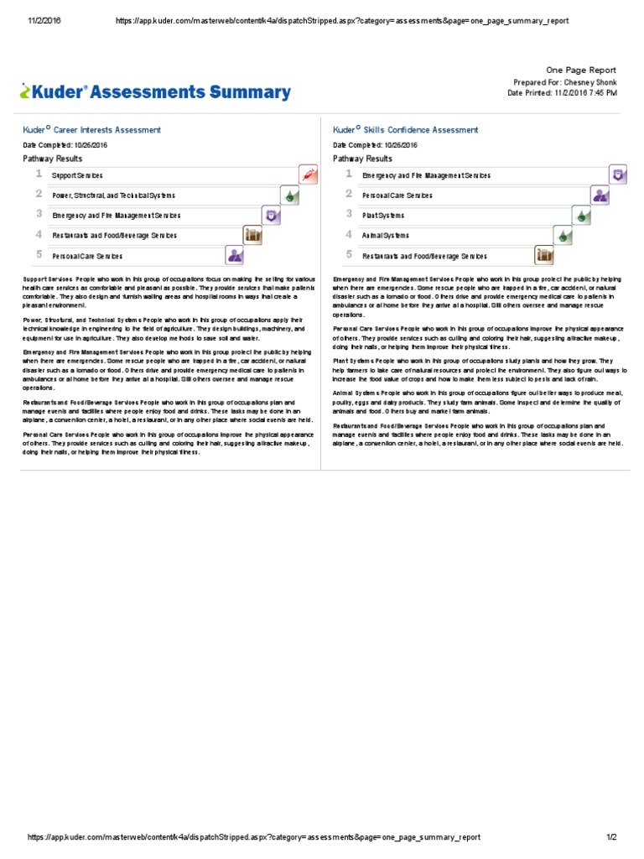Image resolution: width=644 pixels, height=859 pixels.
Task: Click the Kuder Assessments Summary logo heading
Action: (156, 92)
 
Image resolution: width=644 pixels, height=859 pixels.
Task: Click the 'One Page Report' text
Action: (580, 70)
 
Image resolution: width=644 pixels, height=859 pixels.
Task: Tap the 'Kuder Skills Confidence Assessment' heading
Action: (406, 130)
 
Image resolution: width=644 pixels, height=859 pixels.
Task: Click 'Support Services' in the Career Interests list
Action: (77, 176)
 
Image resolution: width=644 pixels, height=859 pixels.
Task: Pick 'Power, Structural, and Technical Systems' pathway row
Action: (114, 195)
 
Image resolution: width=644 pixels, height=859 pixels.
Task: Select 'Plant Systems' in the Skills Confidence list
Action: (383, 216)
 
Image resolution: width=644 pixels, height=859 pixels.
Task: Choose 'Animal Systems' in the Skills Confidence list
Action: (386, 236)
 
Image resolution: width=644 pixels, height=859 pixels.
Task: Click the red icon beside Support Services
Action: (309, 175)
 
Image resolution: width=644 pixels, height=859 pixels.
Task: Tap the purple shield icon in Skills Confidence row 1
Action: (619, 174)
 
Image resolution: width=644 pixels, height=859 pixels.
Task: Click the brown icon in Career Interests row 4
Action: (252, 236)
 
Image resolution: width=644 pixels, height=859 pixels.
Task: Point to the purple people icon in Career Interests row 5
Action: (235, 256)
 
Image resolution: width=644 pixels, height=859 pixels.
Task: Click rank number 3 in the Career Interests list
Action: (39, 214)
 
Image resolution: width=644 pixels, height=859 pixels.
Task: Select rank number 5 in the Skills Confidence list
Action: (349, 254)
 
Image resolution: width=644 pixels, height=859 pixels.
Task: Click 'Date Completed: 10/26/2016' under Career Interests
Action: (65, 145)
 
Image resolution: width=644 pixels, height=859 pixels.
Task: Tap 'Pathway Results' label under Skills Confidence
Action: (362, 159)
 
